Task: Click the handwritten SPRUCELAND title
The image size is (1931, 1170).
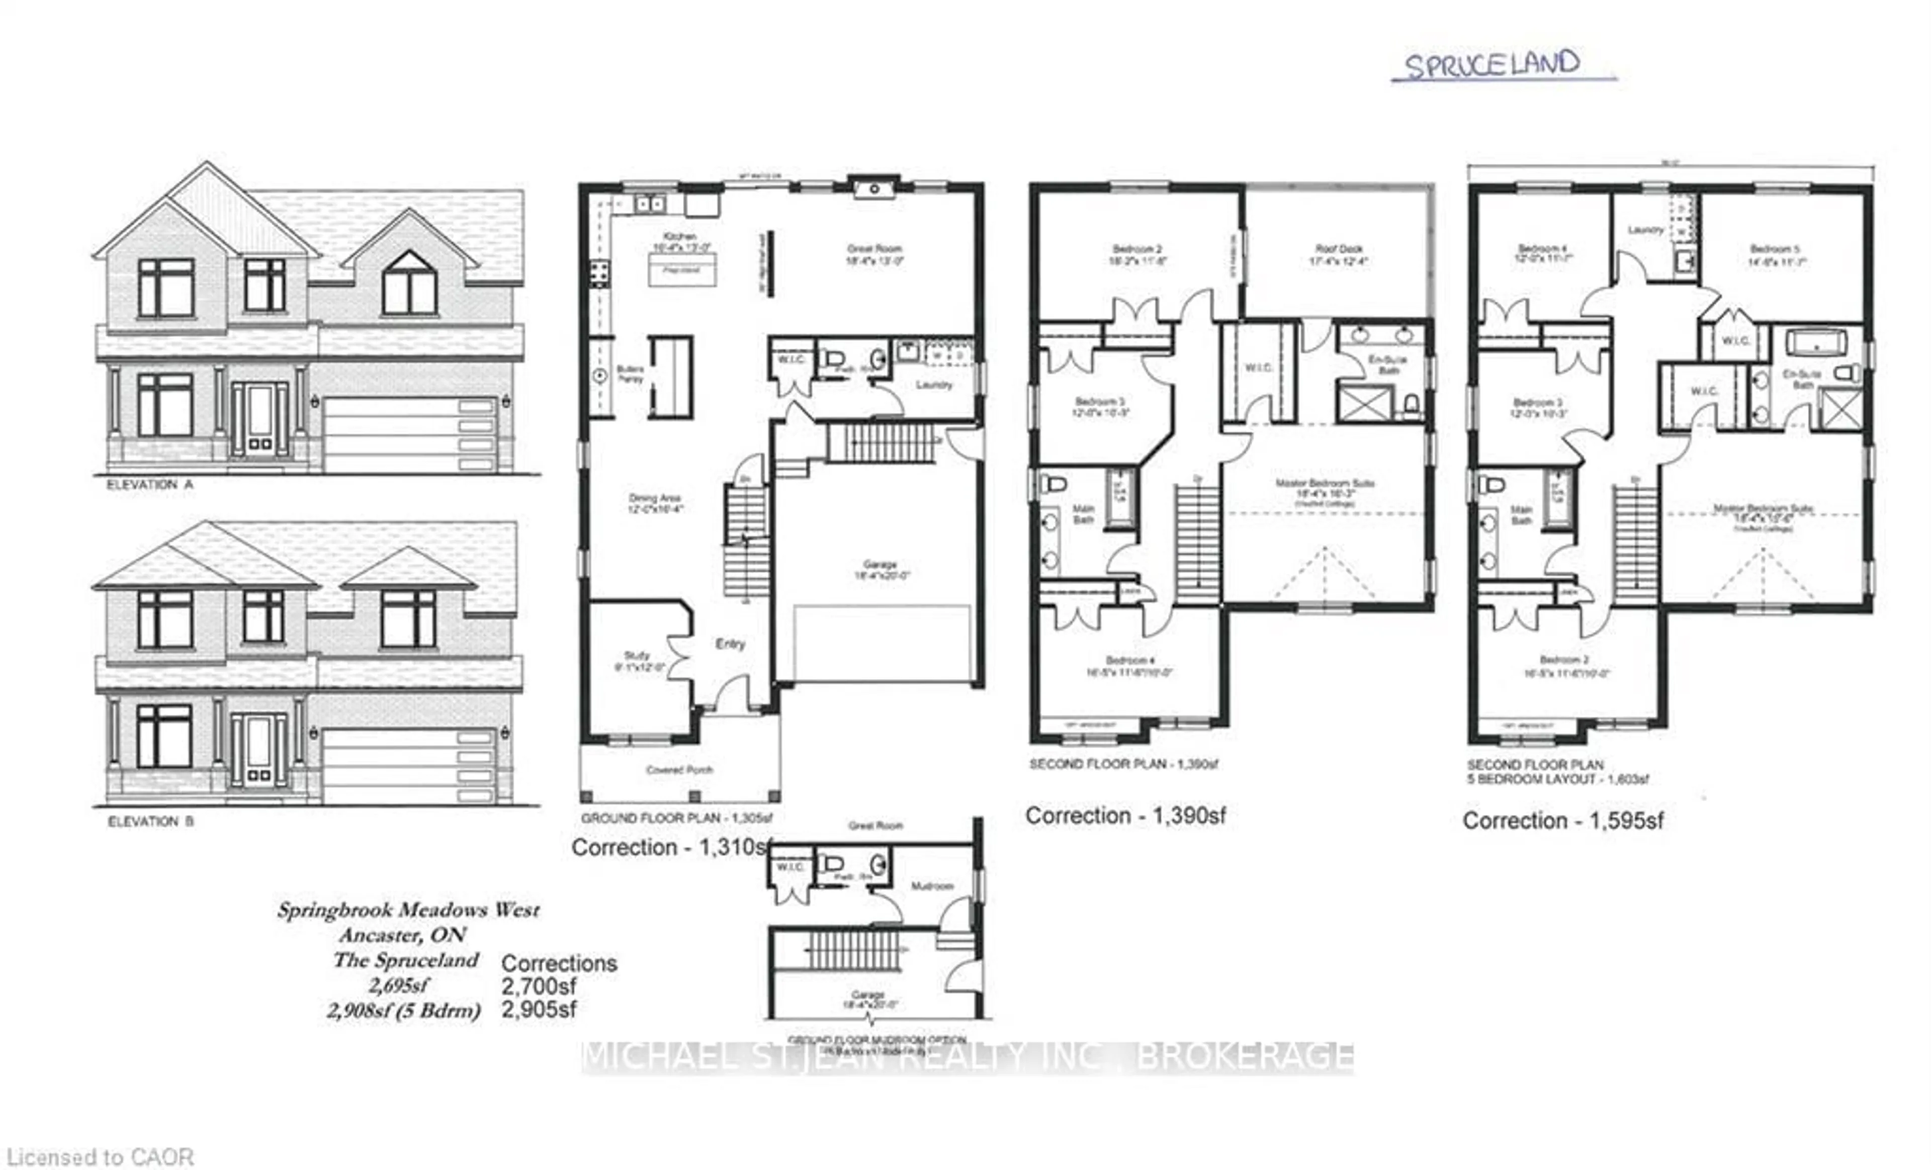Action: [1491, 64]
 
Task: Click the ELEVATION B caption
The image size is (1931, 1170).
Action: [150, 821]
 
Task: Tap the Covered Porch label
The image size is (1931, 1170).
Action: [679, 770]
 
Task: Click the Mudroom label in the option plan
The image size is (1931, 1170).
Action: [932, 885]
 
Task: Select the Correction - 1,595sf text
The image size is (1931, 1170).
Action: [1563, 821]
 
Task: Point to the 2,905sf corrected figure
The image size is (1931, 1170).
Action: [539, 1009]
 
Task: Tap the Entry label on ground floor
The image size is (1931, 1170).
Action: [730, 644]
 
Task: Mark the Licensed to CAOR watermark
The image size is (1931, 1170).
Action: [100, 1157]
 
